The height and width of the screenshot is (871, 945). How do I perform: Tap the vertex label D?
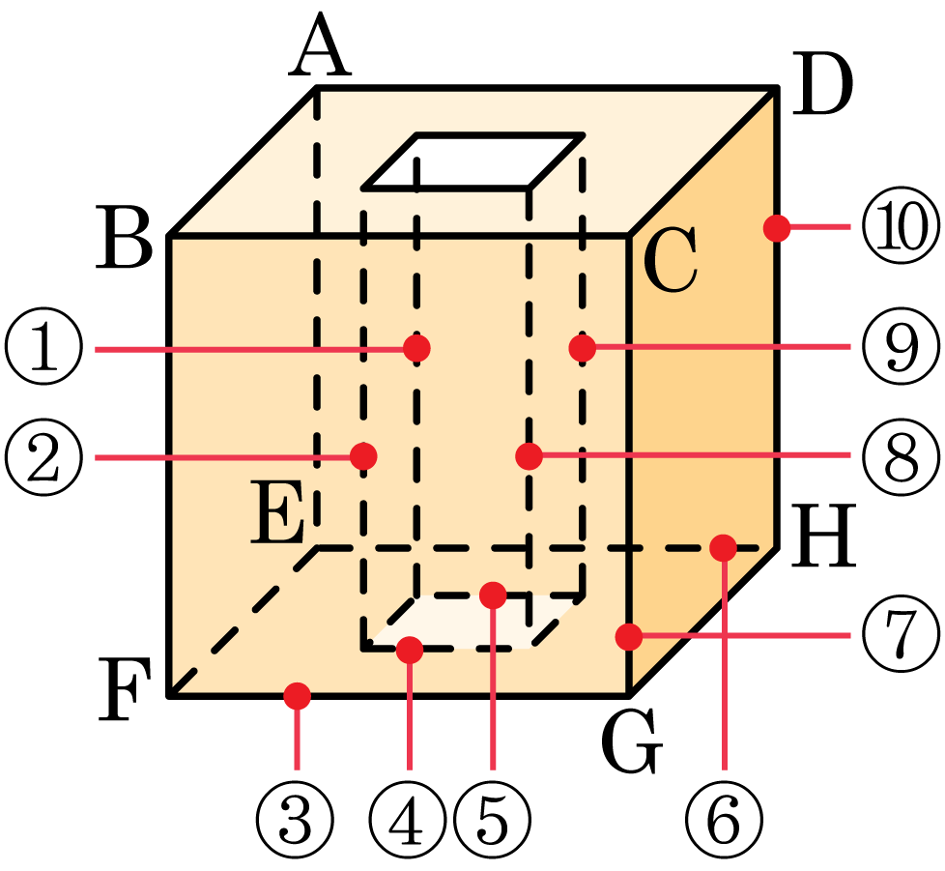pyautogui.click(x=823, y=84)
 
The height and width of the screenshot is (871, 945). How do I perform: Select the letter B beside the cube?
pyautogui.click(x=124, y=237)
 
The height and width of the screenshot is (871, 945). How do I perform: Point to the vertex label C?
pyautogui.click(x=671, y=260)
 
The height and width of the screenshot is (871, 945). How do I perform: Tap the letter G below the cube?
pyautogui.click(x=632, y=741)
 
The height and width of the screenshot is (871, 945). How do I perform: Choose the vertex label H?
pyautogui.click(x=823, y=536)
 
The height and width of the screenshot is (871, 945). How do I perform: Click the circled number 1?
pyautogui.click(x=44, y=348)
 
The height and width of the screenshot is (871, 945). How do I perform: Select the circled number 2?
pyautogui.click(x=44, y=456)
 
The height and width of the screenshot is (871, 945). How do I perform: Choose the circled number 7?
pyautogui.click(x=901, y=635)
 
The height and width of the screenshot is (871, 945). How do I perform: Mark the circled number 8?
pyautogui.click(x=901, y=456)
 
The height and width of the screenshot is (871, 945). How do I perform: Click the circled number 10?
pyautogui.click(x=901, y=226)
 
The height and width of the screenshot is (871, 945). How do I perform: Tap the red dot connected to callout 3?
pyautogui.click(x=297, y=696)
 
